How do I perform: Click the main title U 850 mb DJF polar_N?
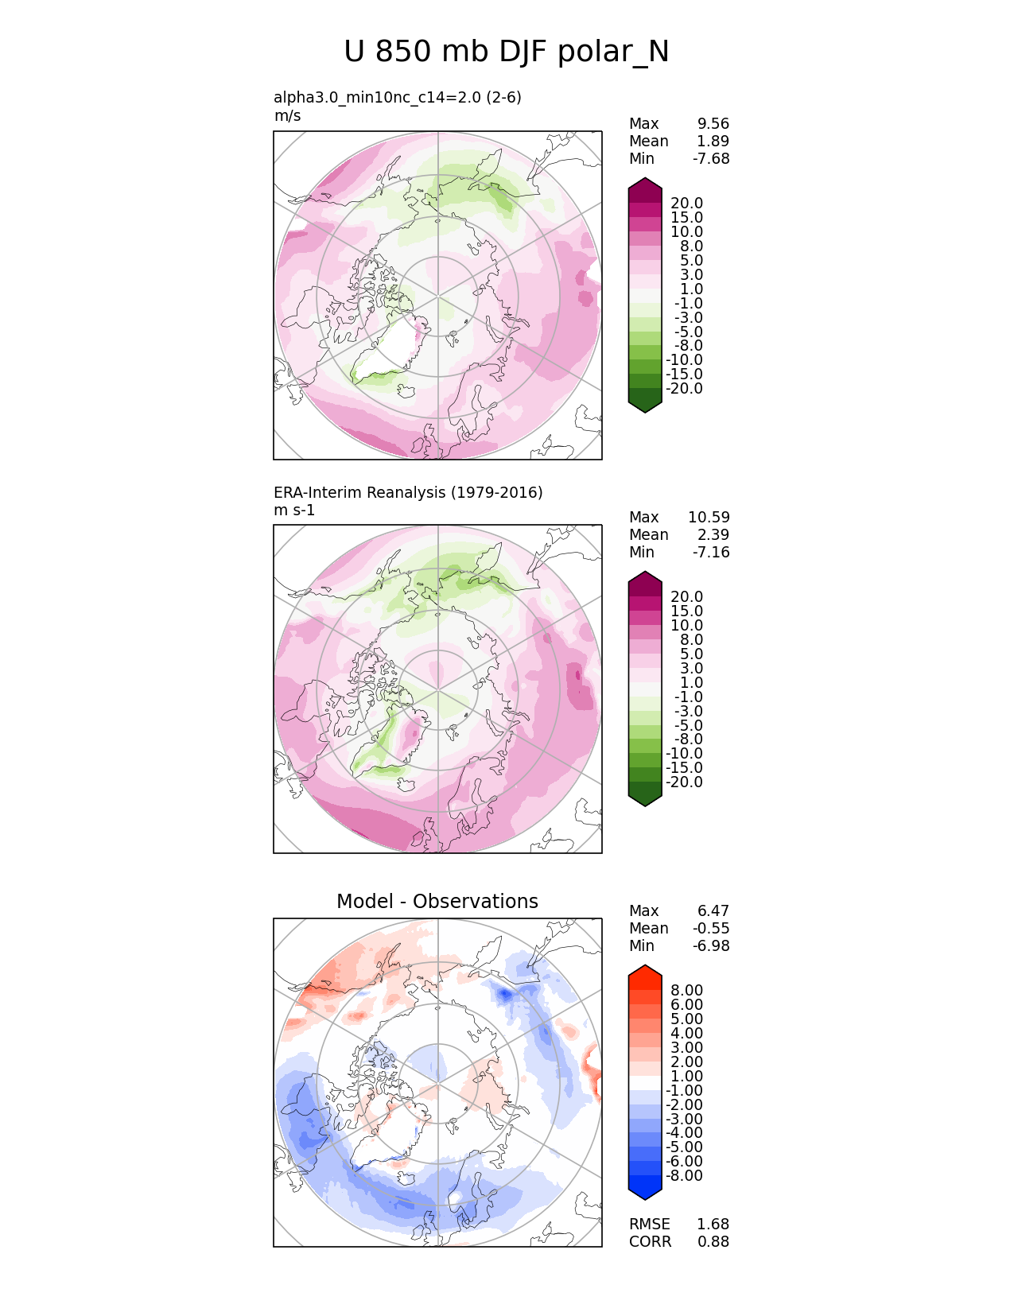[x=507, y=52]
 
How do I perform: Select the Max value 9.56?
[x=713, y=124]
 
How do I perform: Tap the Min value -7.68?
[x=711, y=159]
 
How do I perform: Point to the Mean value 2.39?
[x=713, y=535]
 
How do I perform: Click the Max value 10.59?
[x=709, y=518]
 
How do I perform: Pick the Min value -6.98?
[x=711, y=946]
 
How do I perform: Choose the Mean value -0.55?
[x=711, y=929]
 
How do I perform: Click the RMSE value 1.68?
[x=713, y=1225]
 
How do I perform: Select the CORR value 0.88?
[x=713, y=1242]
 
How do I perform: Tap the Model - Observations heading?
[x=437, y=902]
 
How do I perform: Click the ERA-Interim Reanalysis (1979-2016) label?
[x=408, y=493]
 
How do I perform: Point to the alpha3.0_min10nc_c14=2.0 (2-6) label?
[x=398, y=98]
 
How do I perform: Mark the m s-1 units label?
[x=294, y=510]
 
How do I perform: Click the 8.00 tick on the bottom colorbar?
[x=687, y=991]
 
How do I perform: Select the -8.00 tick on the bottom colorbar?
[x=685, y=1176]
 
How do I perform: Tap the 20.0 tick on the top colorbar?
[x=687, y=204]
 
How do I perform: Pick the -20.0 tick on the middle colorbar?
[x=685, y=782]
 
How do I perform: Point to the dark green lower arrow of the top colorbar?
[x=645, y=404]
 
